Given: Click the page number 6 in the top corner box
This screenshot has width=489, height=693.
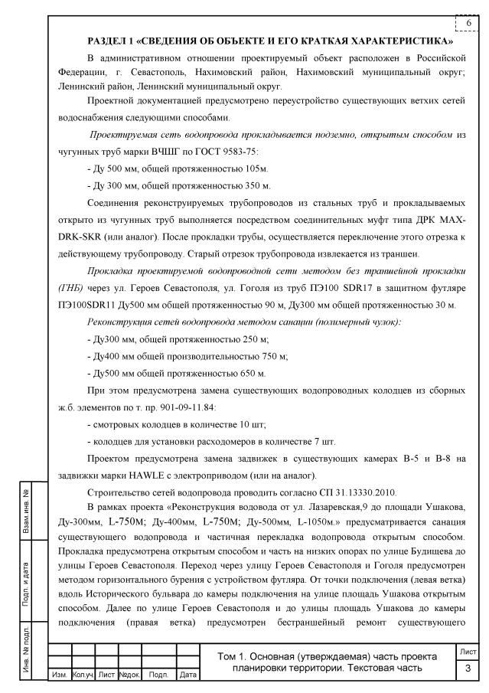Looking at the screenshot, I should click(x=468, y=24).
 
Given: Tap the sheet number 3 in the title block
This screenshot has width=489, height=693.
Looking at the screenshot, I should click(x=467, y=670).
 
